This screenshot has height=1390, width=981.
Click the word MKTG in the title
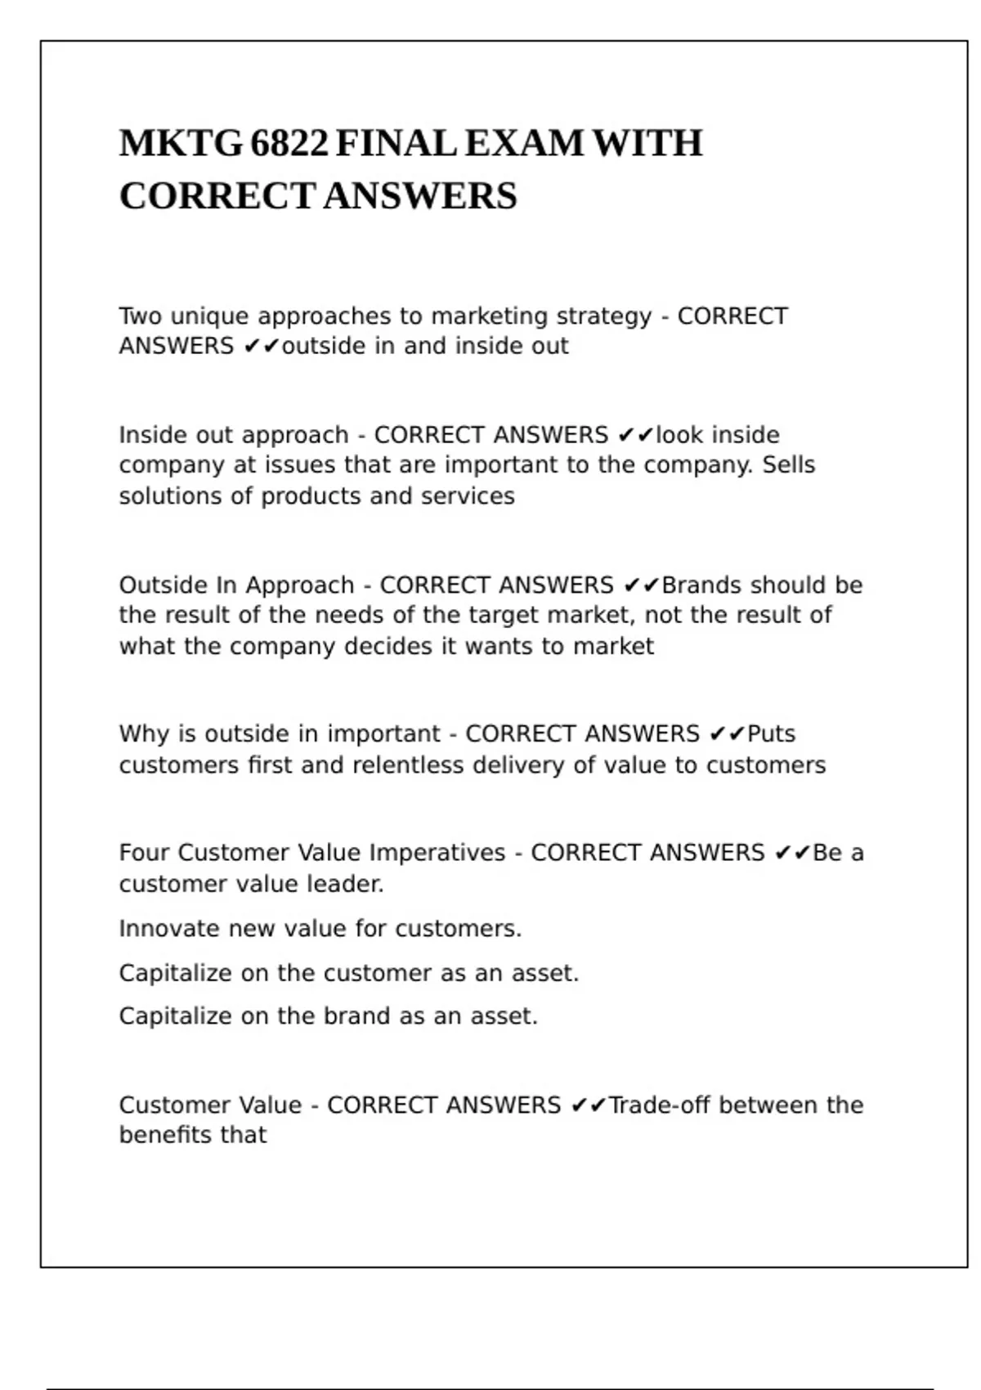[x=181, y=144]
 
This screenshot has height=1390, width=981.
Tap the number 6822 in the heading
[x=289, y=144]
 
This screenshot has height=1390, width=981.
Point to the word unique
[x=208, y=316]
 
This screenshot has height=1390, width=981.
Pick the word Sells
[x=789, y=465]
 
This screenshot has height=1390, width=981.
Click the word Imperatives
[x=437, y=853]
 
